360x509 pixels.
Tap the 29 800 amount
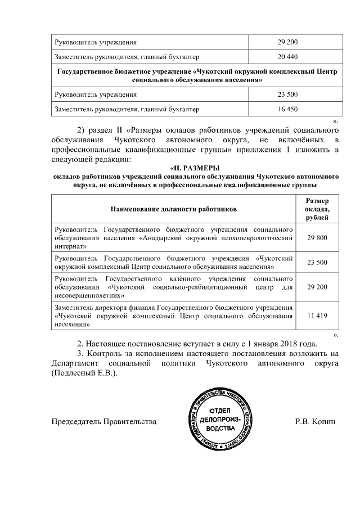point(318,238)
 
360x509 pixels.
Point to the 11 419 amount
point(318,317)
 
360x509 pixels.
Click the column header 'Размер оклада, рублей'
point(318,209)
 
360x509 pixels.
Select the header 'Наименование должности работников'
point(173,209)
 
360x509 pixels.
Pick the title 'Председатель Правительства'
point(104,421)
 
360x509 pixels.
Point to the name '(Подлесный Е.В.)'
point(84,373)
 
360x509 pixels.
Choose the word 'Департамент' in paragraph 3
point(76,364)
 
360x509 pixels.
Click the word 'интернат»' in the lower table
point(70,246)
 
